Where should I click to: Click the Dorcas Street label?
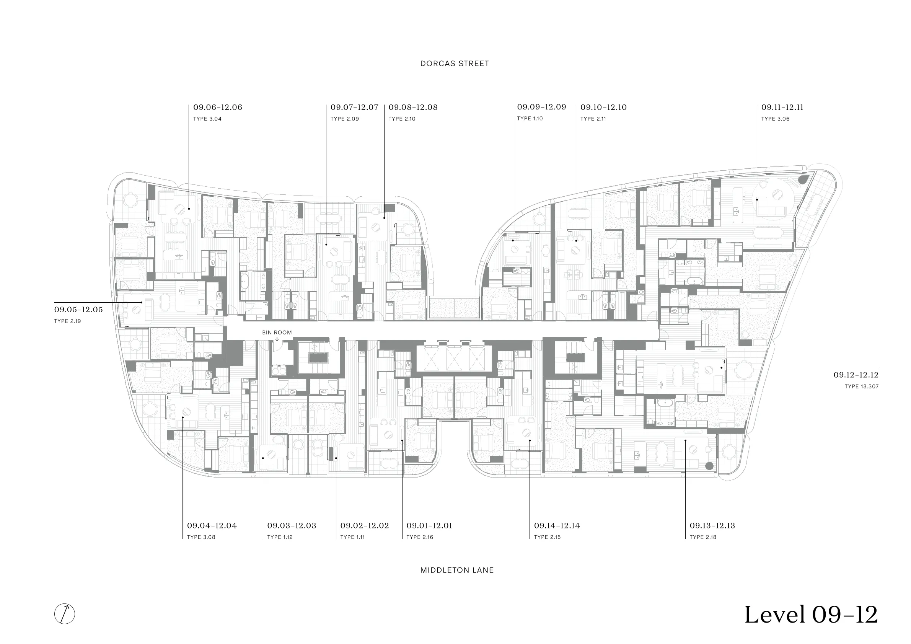point(455,64)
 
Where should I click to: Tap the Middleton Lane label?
point(457,570)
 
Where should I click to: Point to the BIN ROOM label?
point(277,333)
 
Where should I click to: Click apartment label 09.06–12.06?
point(217,107)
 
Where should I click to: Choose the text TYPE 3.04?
point(207,119)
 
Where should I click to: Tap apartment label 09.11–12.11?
point(782,107)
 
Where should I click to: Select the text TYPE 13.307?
point(861,386)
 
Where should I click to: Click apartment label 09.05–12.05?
point(78,310)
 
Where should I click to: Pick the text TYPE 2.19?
point(67,321)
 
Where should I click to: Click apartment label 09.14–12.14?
point(557,526)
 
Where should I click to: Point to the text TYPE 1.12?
point(280,537)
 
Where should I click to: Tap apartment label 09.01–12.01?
point(429,526)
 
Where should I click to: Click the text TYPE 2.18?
point(703,537)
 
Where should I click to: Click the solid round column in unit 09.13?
point(709,466)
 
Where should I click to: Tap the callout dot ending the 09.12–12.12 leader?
point(721,368)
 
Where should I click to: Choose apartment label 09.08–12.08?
point(413,107)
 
